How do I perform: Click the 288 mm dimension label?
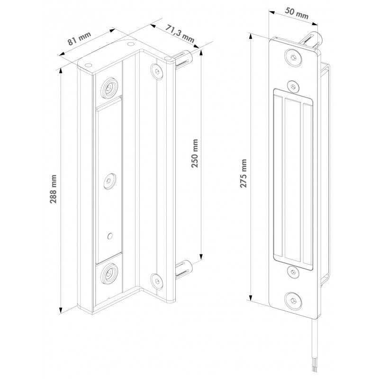[53, 189]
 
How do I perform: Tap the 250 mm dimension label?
[195, 153]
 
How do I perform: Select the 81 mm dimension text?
[79, 38]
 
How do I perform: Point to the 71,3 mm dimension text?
[180, 34]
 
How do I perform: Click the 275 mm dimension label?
[243, 173]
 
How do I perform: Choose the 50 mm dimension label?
[297, 13]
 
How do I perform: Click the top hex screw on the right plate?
[293, 57]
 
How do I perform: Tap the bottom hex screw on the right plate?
[293, 301]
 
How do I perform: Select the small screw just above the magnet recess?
[293, 86]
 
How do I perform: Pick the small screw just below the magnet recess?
[293, 272]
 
